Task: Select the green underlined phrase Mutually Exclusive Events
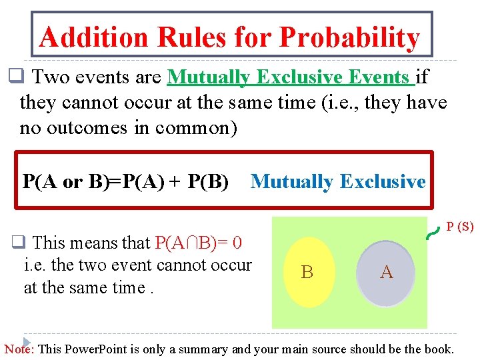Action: click(x=291, y=78)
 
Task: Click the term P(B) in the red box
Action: click(x=208, y=181)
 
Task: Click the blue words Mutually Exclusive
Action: click(x=337, y=181)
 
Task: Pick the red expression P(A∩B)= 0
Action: click(x=198, y=242)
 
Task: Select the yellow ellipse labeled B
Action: click(x=308, y=271)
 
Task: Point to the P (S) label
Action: click(x=460, y=227)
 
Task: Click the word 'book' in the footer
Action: click(x=438, y=349)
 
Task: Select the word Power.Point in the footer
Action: click(x=95, y=349)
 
